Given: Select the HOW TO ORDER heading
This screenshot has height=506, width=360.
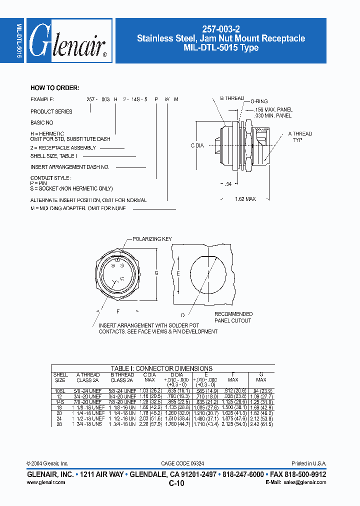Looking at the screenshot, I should point(54,88).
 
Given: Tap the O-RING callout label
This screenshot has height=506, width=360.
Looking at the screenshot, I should point(258,101).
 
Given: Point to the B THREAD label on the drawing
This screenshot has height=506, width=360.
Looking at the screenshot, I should point(232,98).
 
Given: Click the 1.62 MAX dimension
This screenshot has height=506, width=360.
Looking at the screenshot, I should point(245,199).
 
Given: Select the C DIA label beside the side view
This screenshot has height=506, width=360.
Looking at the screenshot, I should point(197,145).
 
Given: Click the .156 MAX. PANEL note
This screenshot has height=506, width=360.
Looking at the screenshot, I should point(273,109).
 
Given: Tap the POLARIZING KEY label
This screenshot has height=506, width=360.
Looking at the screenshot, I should point(153,239).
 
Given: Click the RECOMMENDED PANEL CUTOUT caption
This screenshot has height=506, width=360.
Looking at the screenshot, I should point(233,317).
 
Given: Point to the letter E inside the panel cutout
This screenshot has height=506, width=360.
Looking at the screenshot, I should point(178,274).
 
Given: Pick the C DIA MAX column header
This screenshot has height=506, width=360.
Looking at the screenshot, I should point(149,377).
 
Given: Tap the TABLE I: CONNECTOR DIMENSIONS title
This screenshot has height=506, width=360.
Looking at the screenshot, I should point(161,368).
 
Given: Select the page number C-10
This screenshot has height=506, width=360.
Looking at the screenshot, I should point(176,483).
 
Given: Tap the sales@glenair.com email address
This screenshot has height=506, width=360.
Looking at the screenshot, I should point(305,482).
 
